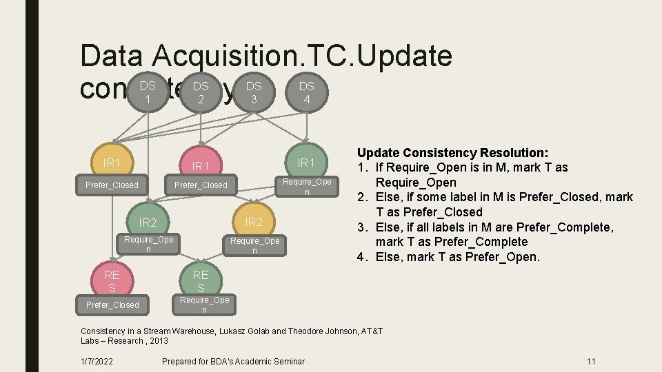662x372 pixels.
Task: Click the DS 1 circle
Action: pos(148,93)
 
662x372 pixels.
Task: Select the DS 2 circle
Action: pos(201,93)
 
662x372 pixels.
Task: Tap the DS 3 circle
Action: pos(254,93)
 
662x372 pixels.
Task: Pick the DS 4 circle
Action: pos(307,93)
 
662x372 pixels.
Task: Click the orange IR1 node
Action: pos(112,163)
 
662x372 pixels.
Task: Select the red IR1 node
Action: pos(201,166)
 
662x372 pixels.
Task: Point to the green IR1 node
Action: pos(307,163)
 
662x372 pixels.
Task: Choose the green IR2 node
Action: pos(148,223)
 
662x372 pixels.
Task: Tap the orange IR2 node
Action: pos(254,221)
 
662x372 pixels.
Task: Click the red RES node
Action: pos(112,280)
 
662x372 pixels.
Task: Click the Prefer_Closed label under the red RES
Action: pos(112,305)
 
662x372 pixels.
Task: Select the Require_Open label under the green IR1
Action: pos(307,187)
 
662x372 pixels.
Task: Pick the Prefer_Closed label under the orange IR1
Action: pos(112,185)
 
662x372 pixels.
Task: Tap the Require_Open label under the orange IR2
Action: pos(254,246)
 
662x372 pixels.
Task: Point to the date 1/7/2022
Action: pos(97,362)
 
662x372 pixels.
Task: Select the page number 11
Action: pos(591,362)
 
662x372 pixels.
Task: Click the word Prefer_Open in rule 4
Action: pos(508,257)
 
